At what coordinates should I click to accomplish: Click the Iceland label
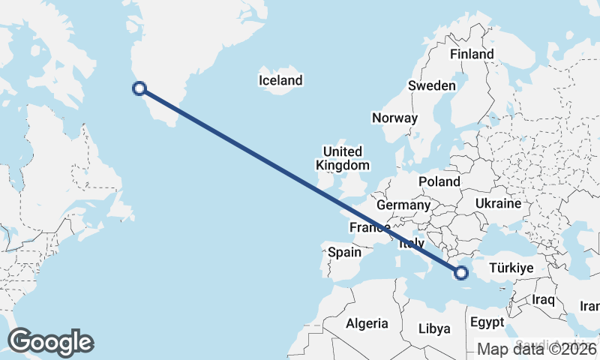coord(280,80)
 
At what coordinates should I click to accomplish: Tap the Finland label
coord(472,54)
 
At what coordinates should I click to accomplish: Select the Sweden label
coord(431,85)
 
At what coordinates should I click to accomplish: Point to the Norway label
coord(394,118)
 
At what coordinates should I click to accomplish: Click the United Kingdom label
coord(343,158)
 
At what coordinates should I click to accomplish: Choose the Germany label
coord(403,205)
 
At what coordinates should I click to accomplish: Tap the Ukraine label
coord(498,203)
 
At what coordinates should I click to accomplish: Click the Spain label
coord(345,253)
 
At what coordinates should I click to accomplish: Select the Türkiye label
coord(511,268)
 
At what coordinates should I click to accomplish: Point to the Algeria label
coord(367,324)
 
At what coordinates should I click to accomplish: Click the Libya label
coord(434,328)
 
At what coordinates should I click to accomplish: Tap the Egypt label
coord(487,323)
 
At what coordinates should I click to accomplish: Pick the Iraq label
coord(543,300)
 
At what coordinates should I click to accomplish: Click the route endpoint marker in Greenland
coord(139,88)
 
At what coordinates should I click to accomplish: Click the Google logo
coord(50,342)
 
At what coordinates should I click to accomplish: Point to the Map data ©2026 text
coord(537,349)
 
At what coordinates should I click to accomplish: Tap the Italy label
coord(412,244)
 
